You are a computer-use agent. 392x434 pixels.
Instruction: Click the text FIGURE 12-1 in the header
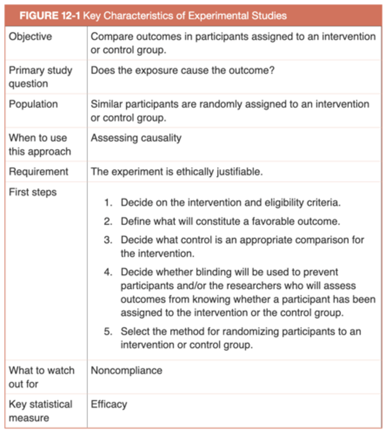pos(50,16)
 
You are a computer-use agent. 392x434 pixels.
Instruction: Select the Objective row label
pos(30,37)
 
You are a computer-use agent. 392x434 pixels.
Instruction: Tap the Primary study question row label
pos(40,77)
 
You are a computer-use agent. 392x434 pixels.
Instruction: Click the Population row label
pos(33,104)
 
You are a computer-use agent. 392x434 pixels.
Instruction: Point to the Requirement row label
pos(38,171)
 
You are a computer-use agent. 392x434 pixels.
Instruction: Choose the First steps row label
pos(33,192)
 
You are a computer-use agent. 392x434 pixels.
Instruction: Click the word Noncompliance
pos(126,370)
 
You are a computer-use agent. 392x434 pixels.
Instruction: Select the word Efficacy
pos(109,404)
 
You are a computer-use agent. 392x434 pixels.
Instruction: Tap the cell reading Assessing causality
pos(136,138)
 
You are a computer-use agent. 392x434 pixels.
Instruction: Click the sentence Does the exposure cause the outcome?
pos(183,70)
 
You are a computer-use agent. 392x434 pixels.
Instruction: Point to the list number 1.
pos(108,203)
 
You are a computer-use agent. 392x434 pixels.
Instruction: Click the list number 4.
pos(108,272)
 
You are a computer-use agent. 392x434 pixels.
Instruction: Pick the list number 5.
pos(108,331)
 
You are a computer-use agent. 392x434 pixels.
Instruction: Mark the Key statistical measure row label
pos(40,411)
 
